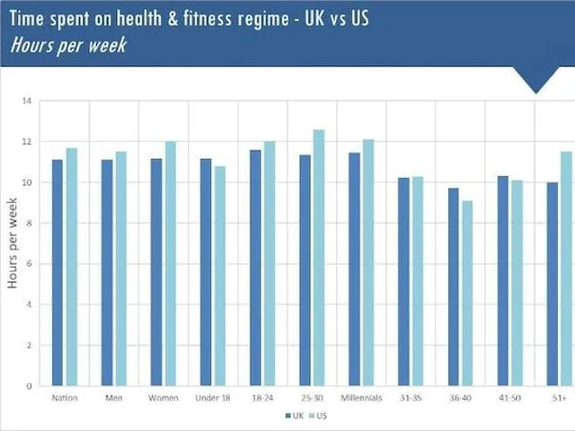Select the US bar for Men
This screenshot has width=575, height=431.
(x=121, y=268)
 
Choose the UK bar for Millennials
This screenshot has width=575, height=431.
(x=355, y=269)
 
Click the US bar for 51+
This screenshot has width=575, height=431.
(x=566, y=268)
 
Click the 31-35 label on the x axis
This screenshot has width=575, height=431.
(x=411, y=398)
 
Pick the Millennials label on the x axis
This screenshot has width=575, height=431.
(x=361, y=398)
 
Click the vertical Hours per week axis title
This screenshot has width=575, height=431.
(x=13, y=245)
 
